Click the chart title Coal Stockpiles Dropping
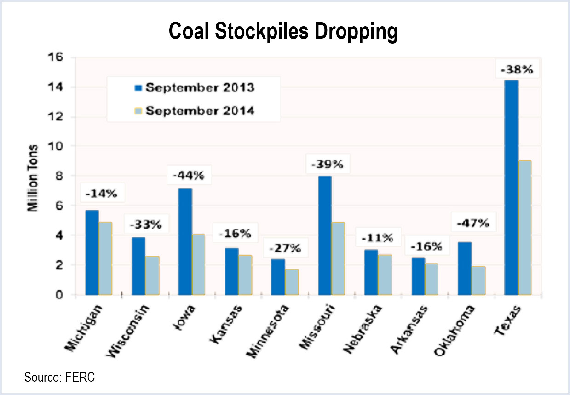(283, 32)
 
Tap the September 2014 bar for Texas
(524, 228)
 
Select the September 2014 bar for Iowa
(199, 265)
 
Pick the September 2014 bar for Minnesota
(292, 282)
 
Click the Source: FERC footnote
(59, 378)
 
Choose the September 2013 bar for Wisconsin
(138, 266)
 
